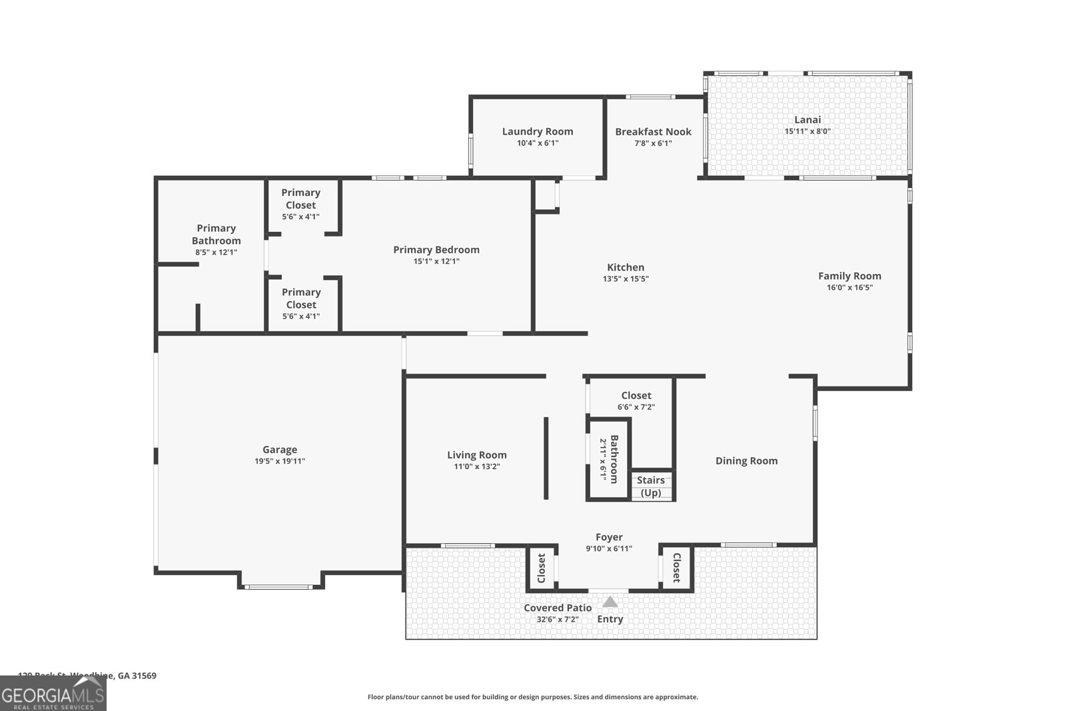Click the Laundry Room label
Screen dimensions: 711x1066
pyautogui.click(x=537, y=132)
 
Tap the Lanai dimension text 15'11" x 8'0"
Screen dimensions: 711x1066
pyautogui.click(x=807, y=131)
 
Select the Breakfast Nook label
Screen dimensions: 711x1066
pyautogui.click(x=653, y=132)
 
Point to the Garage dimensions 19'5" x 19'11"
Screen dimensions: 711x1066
pyautogui.click(x=280, y=461)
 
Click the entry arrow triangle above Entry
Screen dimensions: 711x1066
pyautogui.click(x=610, y=602)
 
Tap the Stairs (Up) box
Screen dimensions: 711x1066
pyautogui.click(x=651, y=486)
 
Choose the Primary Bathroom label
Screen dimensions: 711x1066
pyautogui.click(x=216, y=235)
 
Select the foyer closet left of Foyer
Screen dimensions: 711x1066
pyautogui.click(x=541, y=568)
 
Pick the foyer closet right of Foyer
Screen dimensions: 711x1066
pyautogui.click(x=676, y=568)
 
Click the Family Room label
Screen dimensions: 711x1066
pyautogui.click(x=849, y=276)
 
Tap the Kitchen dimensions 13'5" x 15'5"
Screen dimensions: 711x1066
pyautogui.click(x=626, y=279)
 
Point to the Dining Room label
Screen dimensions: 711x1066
pyautogui.click(x=746, y=461)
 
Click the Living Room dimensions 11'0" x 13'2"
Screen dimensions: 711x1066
pyautogui.click(x=476, y=466)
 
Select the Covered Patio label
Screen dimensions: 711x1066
pyautogui.click(x=557, y=608)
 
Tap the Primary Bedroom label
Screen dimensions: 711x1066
pyautogui.click(x=436, y=250)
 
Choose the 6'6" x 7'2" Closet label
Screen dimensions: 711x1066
pyautogui.click(x=636, y=396)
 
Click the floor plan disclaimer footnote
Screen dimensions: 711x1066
pyautogui.click(x=532, y=697)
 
